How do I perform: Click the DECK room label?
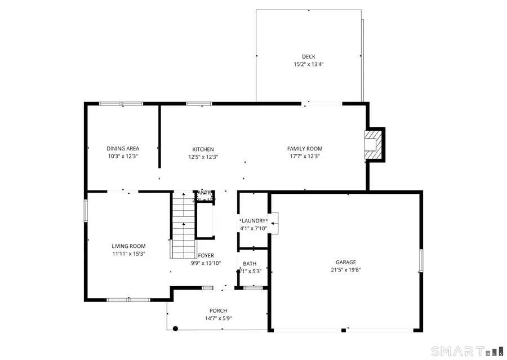[x=308, y=56]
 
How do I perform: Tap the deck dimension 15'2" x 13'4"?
[x=308, y=64]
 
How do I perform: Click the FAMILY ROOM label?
[x=305, y=149]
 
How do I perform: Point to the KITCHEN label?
[x=203, y=149]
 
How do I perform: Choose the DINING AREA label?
[x=123, y=149]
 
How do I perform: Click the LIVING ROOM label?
[x=128, y=246]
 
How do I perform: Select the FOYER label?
[x=206, y=256]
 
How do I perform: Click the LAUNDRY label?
[x=253, y=221]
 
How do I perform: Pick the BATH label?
[x=250, y=264]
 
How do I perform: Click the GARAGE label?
[x=346, y=262]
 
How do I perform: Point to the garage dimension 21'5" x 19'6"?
[x=346, y=270]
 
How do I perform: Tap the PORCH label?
[x=219, y=310]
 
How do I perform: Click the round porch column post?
[x=175, y=328]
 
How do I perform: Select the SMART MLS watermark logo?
[x=466, y=351]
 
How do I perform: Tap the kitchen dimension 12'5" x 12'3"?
[x=203, y=157]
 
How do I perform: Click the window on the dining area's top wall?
[x=121, y=104]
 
